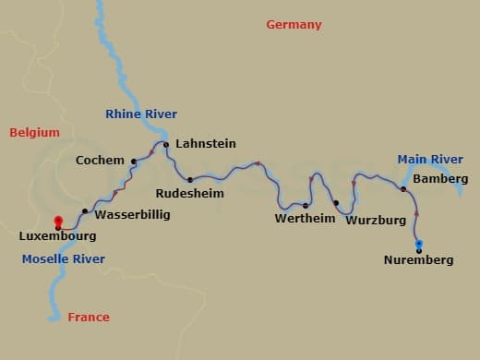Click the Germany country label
pos(294,25)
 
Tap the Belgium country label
pos(34,133)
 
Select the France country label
pos(89,318)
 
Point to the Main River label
pos(429,160)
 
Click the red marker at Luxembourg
pos(58,222)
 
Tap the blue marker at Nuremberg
pos(419,245)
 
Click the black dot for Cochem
pos(134,162)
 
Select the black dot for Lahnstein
pos(166,144)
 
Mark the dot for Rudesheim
pos(190,180)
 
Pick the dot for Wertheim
pos(306,206)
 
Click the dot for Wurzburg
pos(336,203)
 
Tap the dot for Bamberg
pos(403,189)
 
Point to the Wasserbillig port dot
pos(85,211)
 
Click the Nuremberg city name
pos(418,260)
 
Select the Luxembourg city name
pos(57,237)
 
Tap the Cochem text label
pos(100,161)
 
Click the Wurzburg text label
pos(375,221)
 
